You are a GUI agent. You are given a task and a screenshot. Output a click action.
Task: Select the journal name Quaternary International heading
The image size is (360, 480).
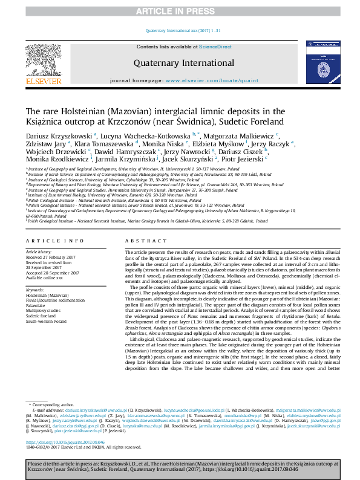coord(180,62)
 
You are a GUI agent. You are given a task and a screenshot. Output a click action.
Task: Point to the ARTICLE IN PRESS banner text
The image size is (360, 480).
coord(180,11)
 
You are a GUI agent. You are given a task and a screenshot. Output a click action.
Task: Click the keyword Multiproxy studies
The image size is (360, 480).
coord(42,310)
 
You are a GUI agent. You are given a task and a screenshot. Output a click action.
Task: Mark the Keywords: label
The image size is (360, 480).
coord(36,290)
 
